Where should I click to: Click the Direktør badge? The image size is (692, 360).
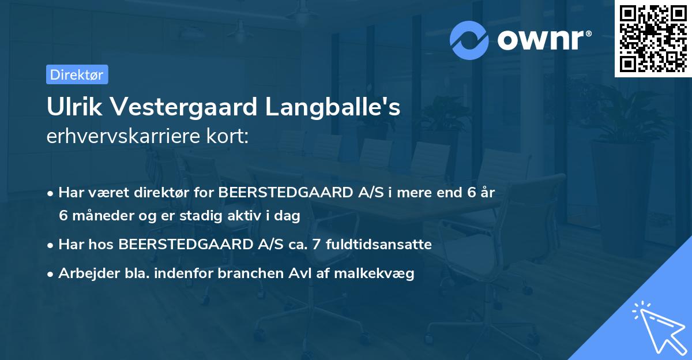click(77, 74)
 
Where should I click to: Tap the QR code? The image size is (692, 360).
click(653, 39)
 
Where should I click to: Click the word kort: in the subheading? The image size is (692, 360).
click(229, 137)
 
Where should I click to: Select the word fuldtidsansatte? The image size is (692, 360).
click(378, 245)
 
